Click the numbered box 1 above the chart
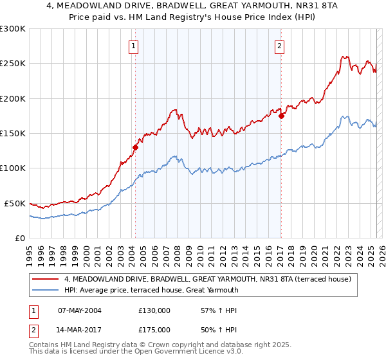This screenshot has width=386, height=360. click(133, 46)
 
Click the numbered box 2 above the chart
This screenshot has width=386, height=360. click(280, 46)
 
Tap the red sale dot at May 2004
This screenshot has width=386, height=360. click(135, 147)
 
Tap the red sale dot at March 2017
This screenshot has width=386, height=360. click(281, 116)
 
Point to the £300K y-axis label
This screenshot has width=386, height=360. click(12, 29)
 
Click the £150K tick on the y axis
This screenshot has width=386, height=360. click(12, 134)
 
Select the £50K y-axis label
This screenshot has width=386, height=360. click(15, 203)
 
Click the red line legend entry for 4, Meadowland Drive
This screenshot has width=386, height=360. click(207, 280)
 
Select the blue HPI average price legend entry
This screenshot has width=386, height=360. click(151, 290)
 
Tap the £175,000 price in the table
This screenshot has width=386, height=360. click(154, 329)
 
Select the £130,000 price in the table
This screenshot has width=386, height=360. click(154, 310)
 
